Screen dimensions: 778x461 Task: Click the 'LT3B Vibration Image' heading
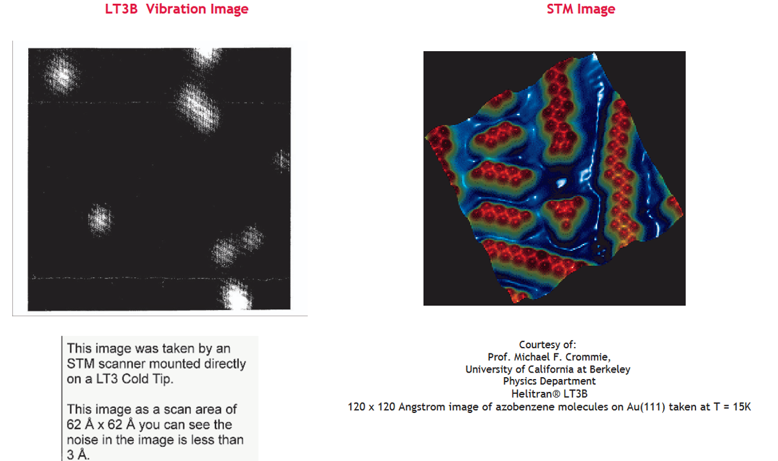(x=177, y=9)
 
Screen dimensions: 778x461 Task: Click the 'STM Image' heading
(x=581, y=9)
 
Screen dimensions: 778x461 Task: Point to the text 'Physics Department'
(x=549, y=382)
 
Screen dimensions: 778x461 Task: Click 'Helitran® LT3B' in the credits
(x=549, y=394)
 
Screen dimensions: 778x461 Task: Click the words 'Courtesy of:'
(x=548, y=344)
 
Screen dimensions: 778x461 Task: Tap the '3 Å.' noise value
(x=78, y=455)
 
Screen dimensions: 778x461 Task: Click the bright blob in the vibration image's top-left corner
(x=61, y=74)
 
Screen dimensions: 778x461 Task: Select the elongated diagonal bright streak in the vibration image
(x=197, y=107)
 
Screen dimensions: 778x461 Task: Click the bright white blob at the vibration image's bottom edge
(x=236, y=296)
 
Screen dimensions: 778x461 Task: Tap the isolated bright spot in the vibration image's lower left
(x=100, y=220)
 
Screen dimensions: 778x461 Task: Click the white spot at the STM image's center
(x=560, y=183)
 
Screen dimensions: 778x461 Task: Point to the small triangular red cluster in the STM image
(x=564, y=211)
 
